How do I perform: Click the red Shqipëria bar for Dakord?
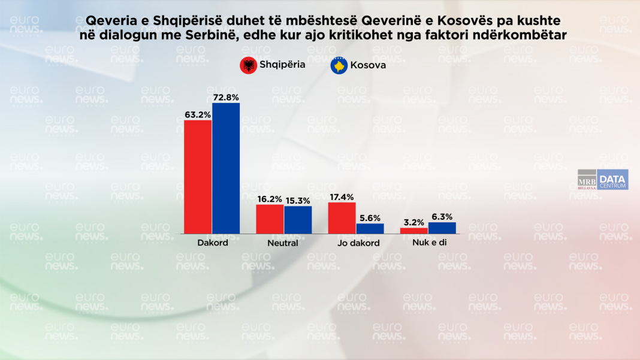tap(198, 177)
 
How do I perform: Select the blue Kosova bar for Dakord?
tap(226, 168)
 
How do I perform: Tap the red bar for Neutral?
tap(270, 219)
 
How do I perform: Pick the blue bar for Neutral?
tap(298, 220)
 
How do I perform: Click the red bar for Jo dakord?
tap(342, 218)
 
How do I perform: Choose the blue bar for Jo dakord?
tap(370, 228)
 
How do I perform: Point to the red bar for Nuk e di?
tap(414, 231)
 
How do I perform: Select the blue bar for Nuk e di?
tap(442, 228)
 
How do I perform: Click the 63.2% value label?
tap(198, 114)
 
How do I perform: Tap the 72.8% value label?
tap(226, 97)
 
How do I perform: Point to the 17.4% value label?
tap(342, 196)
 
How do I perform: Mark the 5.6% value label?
tap(370, 217)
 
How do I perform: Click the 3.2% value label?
tap(414, 222)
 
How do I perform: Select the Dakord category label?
tap(212, 243)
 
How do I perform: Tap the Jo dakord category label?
tap(355, 243)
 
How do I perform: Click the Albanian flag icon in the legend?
tap(247, 65)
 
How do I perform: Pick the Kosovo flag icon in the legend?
tap(339, 65)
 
